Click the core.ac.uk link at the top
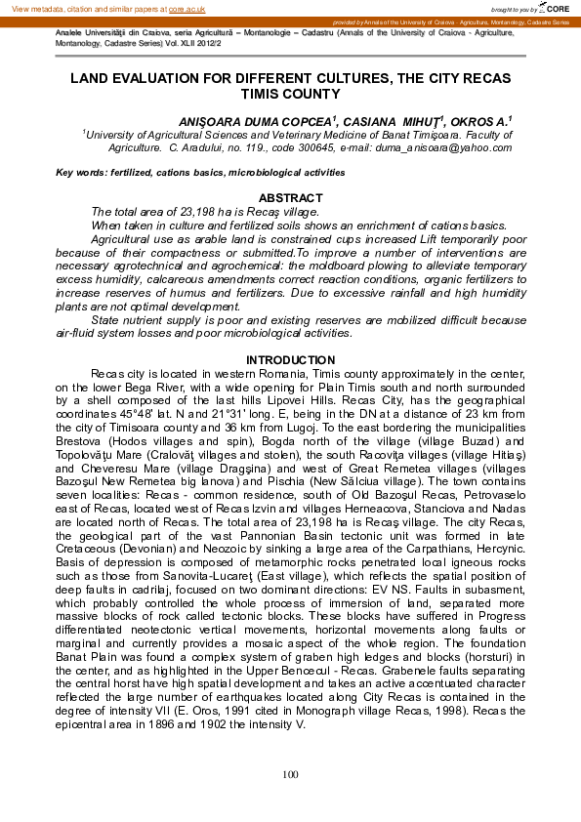(x=187, y=8)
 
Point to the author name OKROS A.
(x=483, y=120)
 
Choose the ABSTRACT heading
(x=291, y=198)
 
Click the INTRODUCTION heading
(x=291, y=360)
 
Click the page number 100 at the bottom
(x=290, y=774)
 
